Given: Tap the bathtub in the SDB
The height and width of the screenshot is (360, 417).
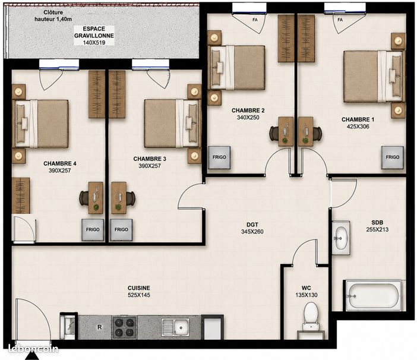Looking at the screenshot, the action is [x=374, y=296].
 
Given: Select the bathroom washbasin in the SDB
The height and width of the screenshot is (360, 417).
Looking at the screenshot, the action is [x=341, y=238].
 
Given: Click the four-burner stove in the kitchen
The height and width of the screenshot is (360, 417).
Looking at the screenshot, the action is [x=124, y=327].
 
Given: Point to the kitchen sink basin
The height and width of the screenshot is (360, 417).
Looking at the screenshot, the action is [x=181, y=327].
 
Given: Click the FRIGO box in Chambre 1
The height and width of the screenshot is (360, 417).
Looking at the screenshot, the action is [x=392, y=157].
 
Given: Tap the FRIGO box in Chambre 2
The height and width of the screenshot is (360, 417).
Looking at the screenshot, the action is [x=219, y=157].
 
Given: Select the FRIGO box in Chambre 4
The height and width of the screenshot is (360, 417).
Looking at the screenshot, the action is [x=93, y=230].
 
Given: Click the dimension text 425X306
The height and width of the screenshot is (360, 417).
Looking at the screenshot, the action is [x=358, y=127].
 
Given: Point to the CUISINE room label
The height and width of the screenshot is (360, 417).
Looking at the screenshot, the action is [x=139, y=288].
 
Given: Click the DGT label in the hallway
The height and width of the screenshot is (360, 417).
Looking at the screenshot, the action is [x=252, y=225].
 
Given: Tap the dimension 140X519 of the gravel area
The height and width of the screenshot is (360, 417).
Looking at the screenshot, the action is [x=94, y=43].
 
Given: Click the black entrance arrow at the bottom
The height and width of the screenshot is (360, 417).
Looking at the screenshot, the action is [x=31, y=355].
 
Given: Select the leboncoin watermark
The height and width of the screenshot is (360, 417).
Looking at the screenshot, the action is [x=33, y=349].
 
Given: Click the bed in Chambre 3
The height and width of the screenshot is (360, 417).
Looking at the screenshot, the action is [x=172, y=124].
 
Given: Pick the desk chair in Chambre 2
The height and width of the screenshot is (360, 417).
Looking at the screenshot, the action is [x=274, y=134].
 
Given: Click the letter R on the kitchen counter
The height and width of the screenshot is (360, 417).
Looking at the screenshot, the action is [x=99, y=327].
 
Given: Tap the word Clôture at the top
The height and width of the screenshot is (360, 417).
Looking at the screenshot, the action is [x=53, y=12].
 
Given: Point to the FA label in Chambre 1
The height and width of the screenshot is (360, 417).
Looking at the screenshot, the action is [x=340, y=20].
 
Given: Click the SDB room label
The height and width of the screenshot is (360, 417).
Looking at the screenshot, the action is [x=377, y=223].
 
